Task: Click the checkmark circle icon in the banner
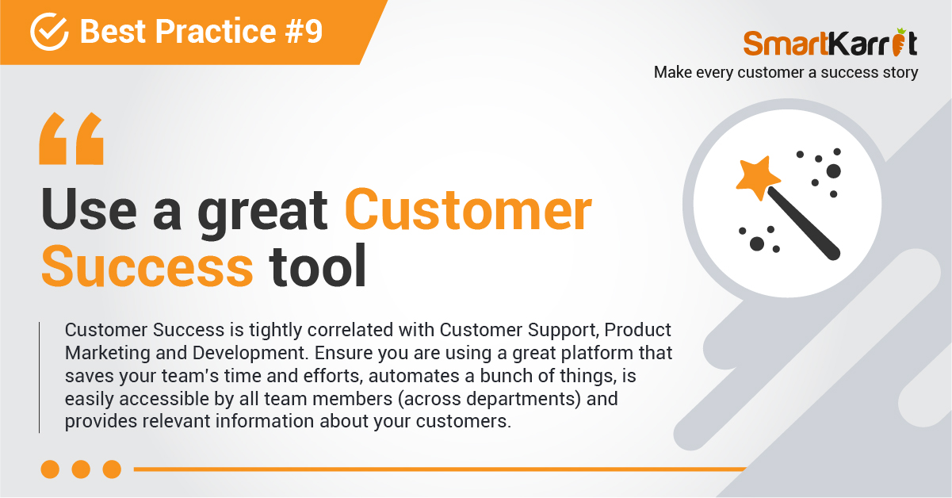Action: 49,32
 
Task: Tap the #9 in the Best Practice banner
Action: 304,31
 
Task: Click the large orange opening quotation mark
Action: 71,139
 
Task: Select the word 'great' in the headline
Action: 262,213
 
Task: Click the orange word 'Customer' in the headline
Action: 468,209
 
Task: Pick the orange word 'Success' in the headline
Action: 147,266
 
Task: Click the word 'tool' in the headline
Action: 317,266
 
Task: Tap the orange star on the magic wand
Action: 757,178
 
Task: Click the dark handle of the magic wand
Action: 803,224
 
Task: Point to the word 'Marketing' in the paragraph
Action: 108,354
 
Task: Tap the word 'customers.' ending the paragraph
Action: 464,421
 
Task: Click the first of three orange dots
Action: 50,469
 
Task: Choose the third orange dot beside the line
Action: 113,469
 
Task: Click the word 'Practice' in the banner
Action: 216,31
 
